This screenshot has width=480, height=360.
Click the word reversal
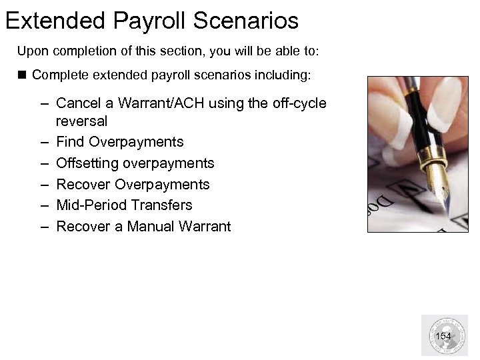click(82, 122)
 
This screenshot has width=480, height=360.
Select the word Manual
click(149, 226)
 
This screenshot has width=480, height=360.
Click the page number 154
click(443, 336)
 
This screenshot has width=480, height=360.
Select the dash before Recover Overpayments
click(44, 184)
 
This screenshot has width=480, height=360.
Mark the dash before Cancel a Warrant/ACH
click(44, 103)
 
